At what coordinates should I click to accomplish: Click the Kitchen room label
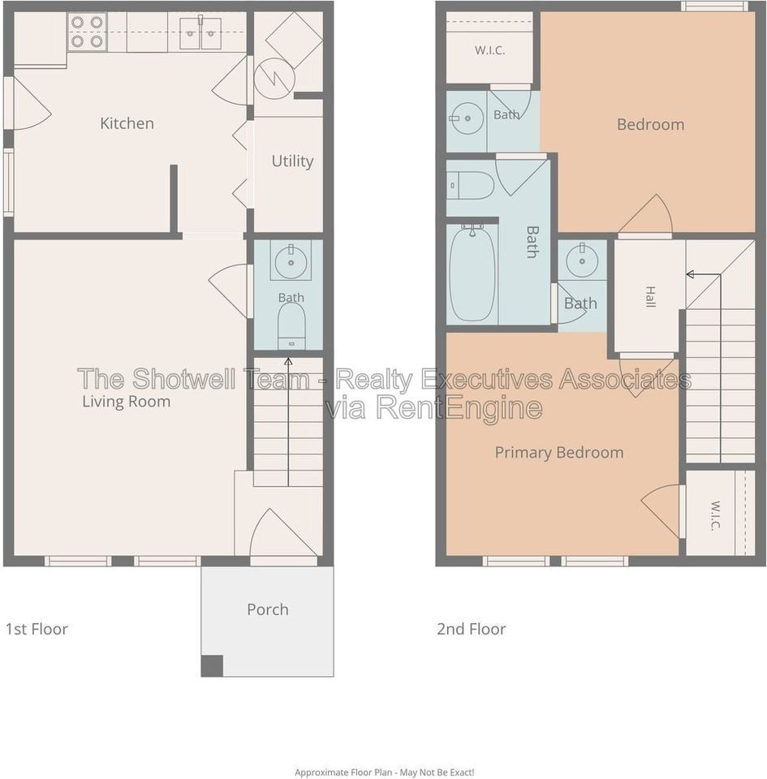coord(127,123)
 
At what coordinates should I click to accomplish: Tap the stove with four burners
coord(87,32)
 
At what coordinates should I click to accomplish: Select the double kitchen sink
coord(200,32)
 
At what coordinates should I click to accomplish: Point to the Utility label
coord(292,161)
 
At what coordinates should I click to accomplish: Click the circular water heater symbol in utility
coord(274,78)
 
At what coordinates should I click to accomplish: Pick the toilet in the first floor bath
coord(291,326)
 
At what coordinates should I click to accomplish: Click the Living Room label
coord(126,402)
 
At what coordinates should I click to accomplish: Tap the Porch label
coord(268,609)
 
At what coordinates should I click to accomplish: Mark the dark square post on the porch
coord(212,665)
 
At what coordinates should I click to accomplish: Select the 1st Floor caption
coord(37,629)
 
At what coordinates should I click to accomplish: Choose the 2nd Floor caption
coord(472,629)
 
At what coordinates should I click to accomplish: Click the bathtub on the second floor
coord(472,273)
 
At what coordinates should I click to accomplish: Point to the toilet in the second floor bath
coord(470,185)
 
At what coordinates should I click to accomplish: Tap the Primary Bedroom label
coord(559,453)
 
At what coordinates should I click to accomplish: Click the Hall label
coord(650,297)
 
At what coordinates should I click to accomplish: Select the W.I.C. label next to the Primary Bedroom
coord(715,516)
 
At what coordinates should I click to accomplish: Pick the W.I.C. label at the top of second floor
coord(489,50)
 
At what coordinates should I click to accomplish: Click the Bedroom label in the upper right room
coord(650,124)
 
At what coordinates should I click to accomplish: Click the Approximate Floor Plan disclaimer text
coord(384,772)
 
